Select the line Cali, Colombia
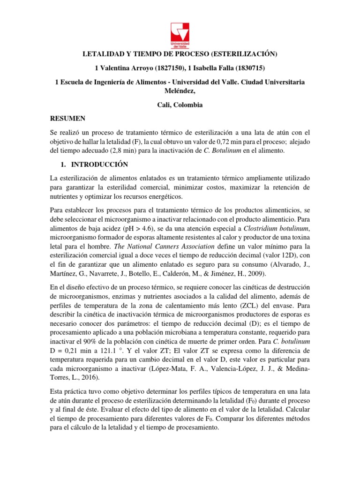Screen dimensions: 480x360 click(180, 105)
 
